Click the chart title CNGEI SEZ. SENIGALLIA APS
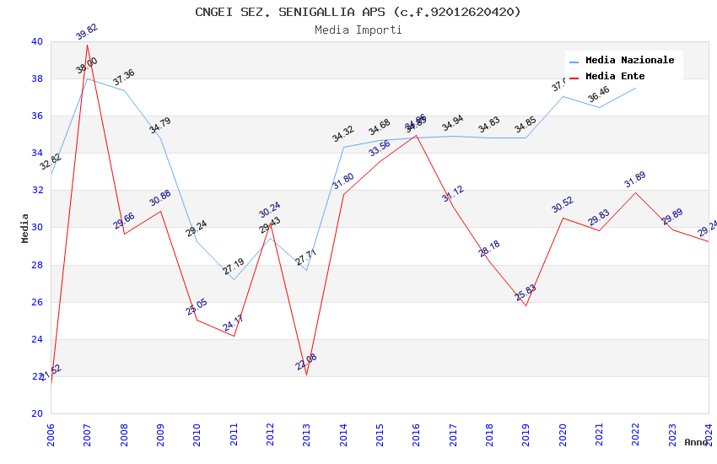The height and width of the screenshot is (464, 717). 358,12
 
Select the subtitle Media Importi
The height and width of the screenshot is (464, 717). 358,30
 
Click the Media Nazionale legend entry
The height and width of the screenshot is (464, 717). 629,61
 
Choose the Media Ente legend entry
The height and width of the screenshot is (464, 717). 614,77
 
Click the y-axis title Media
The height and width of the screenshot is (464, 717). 25,228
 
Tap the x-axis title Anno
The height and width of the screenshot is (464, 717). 696,442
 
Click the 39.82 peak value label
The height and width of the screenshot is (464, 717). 87,32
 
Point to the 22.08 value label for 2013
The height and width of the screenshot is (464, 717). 306,362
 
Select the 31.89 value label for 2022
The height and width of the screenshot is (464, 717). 635,181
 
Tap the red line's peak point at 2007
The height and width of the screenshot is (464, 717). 88,45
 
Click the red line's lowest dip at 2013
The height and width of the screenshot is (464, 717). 306,375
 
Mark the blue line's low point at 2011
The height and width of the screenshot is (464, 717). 234,279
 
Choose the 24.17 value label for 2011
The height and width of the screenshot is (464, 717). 234,323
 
